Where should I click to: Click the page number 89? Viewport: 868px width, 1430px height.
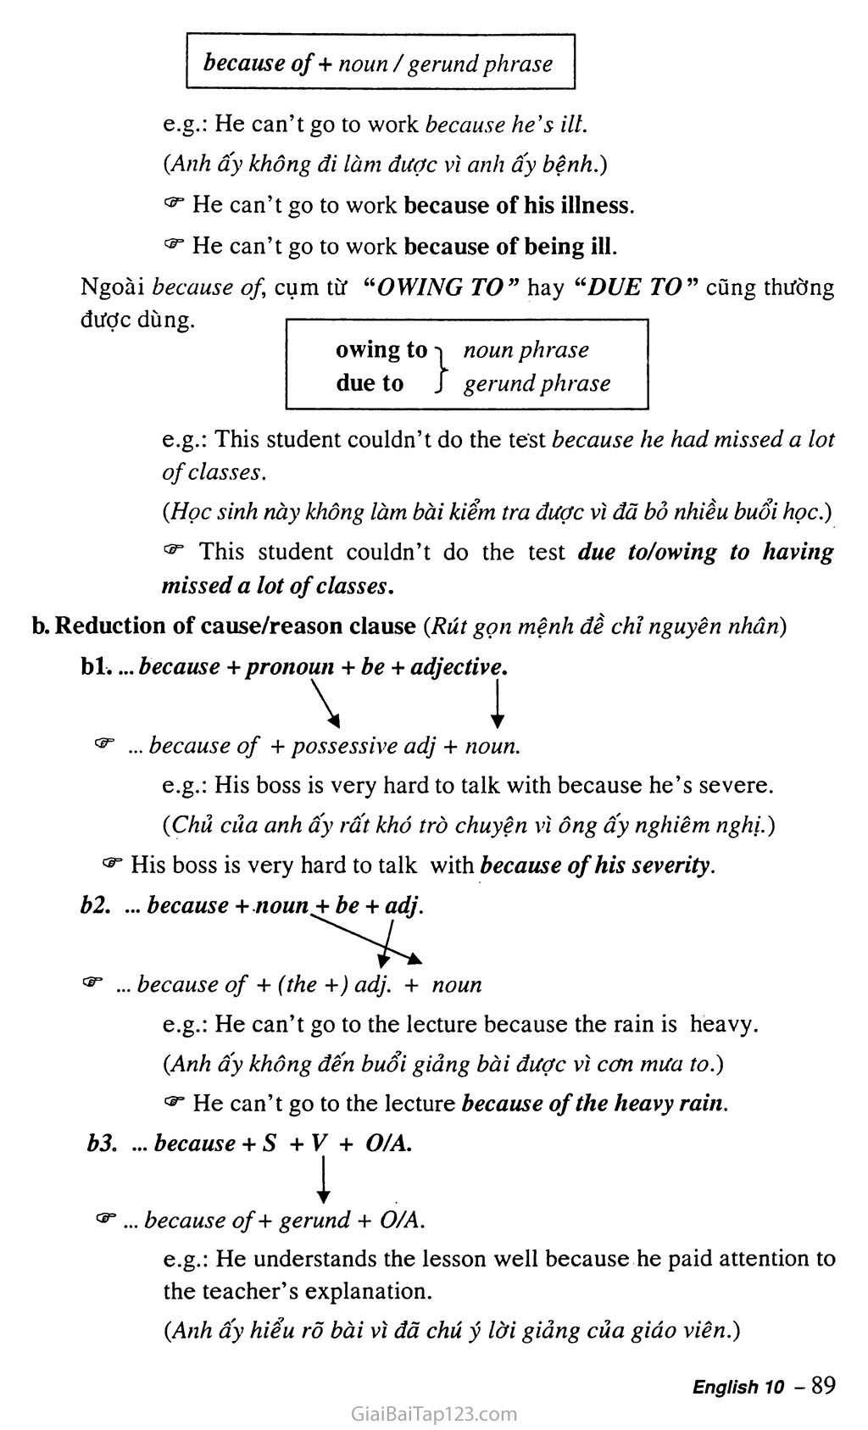tap(823, 1385)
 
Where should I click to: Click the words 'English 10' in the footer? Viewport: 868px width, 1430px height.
tap(737, 1387)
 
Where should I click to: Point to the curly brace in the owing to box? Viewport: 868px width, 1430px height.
tap(440, 366)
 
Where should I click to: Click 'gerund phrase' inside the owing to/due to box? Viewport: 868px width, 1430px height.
tap(537, 383)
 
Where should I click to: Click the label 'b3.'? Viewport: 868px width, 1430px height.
tap(101, 1143)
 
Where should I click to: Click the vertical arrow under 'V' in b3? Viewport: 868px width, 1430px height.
tap(323, 1180)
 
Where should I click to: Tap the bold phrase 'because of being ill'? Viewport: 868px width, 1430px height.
tap(510, 246)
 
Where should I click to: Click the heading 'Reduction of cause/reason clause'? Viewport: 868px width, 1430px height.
tap(235, 626)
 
